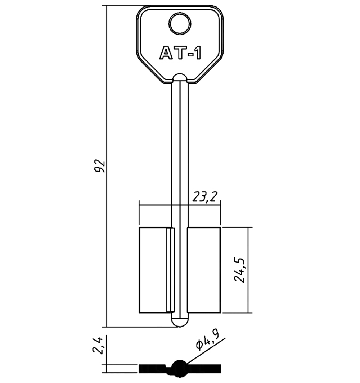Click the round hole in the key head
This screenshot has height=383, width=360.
180,24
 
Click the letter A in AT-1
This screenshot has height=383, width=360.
166,53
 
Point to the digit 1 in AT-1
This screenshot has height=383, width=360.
197,53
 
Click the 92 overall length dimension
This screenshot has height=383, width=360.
100,166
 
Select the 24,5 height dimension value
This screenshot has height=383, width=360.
240,270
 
